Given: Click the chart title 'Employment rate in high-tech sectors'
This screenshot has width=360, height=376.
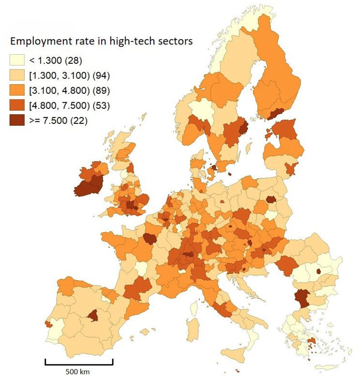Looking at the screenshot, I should [x=102, y=41].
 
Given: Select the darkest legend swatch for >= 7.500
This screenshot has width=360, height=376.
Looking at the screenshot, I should [x=16, y=120].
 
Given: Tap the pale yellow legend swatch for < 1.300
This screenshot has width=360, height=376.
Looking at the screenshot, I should [x=16, y=60].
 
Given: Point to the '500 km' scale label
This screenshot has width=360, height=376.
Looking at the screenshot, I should [x=79, y=371].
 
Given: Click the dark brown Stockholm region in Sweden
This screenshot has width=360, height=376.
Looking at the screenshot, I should [x=243, y=129].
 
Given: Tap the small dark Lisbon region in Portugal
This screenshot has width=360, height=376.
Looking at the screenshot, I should [x=47, y=323].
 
